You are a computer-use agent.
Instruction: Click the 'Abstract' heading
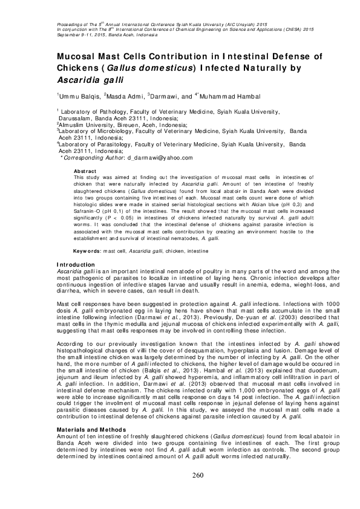[x=85, y=172]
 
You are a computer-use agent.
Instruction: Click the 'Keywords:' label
[x=87, y=250]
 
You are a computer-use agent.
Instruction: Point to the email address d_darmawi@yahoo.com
[x=160, y=157]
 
